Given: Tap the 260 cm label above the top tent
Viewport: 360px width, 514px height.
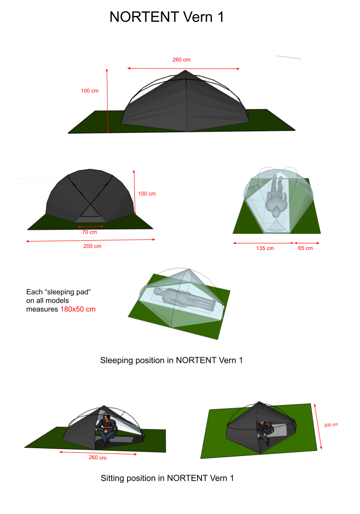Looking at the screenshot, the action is tap(181, 59).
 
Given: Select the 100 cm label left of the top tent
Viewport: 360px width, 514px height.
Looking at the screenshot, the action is tap(90, 91).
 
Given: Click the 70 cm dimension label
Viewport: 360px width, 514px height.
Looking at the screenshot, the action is tap(89, 232).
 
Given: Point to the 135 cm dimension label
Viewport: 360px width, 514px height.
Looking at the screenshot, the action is tap(265, 248).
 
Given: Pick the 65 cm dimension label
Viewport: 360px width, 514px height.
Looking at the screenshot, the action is tap(305, 248).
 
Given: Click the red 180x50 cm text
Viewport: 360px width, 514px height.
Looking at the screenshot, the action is tap(78, 309).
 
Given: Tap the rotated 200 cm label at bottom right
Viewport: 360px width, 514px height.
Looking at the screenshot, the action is tap(331, 425).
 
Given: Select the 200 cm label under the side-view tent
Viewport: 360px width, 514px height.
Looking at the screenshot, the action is tap(92, 246).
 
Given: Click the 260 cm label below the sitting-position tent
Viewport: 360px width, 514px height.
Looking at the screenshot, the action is tap(97, 458).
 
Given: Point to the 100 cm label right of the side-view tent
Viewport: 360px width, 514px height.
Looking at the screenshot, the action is tap(147, 194).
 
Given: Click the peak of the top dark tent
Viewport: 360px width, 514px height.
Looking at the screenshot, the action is tap(185, 70).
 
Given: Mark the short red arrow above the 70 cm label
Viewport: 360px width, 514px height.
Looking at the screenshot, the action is tap(91, 227).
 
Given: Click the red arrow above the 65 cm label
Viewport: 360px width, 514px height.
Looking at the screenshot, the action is tap(307, 243).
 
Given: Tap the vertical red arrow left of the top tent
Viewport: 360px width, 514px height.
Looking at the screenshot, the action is tap(107, 101).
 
